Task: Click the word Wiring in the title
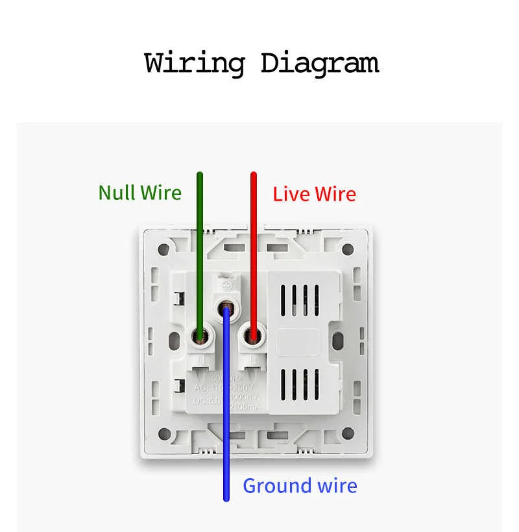click(194, 64)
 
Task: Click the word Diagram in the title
click(319, 64)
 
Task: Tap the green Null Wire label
click(139, 192)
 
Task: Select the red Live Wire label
click(314, 194)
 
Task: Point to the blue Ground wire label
click(300, 486)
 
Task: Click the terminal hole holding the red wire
click(252, 336)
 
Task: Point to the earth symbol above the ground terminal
click(226, 285)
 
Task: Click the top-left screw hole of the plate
click(165, 248)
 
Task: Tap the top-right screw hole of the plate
click(347, 248)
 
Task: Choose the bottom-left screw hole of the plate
click(165, 434)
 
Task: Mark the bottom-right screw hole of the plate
click(347, 434)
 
